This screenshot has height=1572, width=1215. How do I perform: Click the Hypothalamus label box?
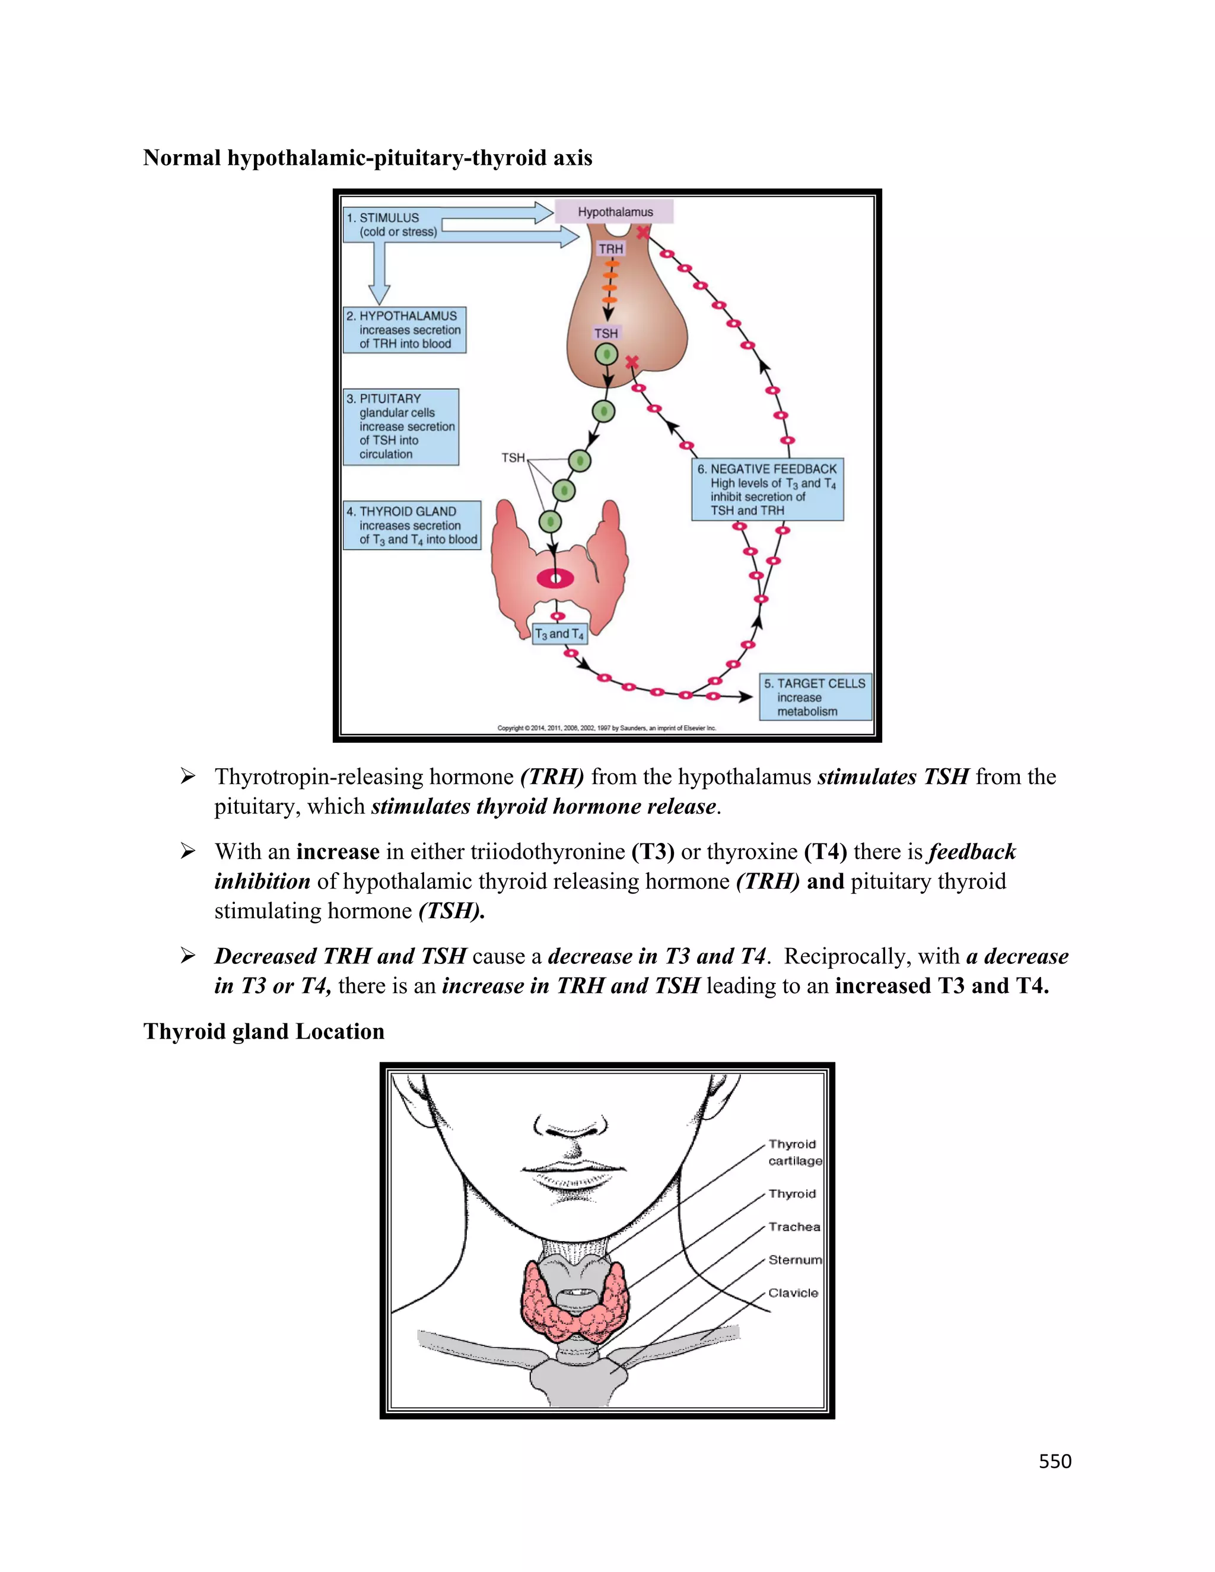[x=615, y=212]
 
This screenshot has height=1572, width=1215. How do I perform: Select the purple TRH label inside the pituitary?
[x=610, y=249]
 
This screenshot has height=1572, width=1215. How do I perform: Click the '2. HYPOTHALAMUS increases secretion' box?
[x=405, y=330]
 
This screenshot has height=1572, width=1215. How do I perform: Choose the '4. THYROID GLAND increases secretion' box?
[x=411, y=526]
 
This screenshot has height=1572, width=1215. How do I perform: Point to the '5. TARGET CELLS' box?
[x=815, y=697]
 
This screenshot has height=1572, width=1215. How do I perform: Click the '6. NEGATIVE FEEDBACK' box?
[x=766, y=489]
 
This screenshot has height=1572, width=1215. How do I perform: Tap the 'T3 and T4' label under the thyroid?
[x=559, y=634]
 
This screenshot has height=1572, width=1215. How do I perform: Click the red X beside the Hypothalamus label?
[x=643, y=233]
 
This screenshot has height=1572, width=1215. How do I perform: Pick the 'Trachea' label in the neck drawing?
[x=794, y=1227]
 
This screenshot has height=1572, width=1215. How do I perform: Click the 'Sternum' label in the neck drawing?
[x=794, y=1259]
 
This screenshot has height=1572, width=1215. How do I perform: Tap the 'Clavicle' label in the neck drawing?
[x=793, y=1293]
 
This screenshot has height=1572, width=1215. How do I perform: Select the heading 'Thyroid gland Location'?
[x=263, y=1032]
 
